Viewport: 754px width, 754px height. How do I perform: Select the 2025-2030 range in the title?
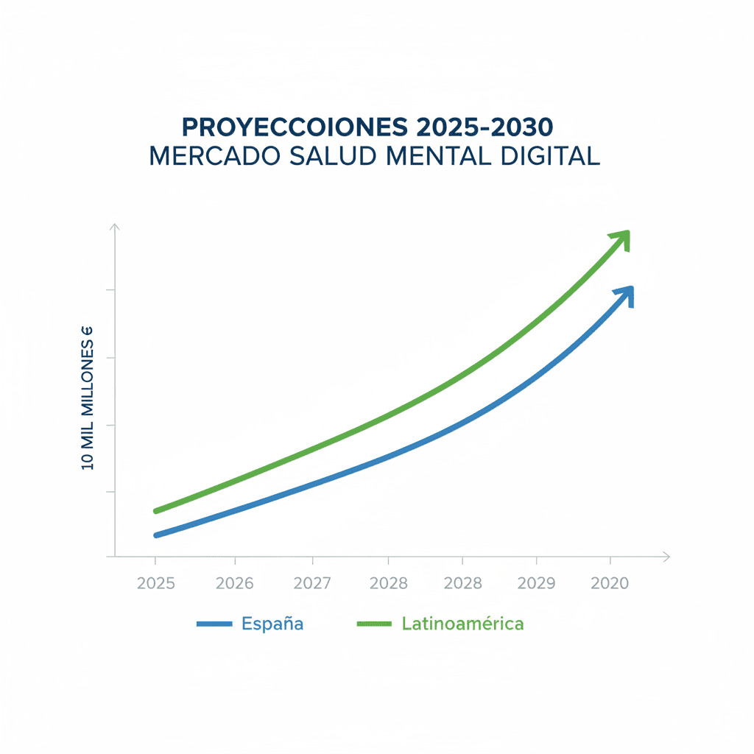484,127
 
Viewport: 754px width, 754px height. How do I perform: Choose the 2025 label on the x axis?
156,583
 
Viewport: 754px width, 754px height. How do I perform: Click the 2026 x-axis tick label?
234,583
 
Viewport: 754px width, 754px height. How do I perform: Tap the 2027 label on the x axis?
312,583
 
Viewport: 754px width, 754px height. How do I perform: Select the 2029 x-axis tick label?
537,583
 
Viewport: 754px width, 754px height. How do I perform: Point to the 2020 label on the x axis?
610,583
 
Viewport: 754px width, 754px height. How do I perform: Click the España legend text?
272,624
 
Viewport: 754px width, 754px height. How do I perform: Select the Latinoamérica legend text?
463,624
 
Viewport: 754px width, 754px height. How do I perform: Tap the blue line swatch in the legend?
215,624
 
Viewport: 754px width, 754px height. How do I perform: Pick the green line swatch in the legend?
374,624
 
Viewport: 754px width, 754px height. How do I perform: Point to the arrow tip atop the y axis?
115,228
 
